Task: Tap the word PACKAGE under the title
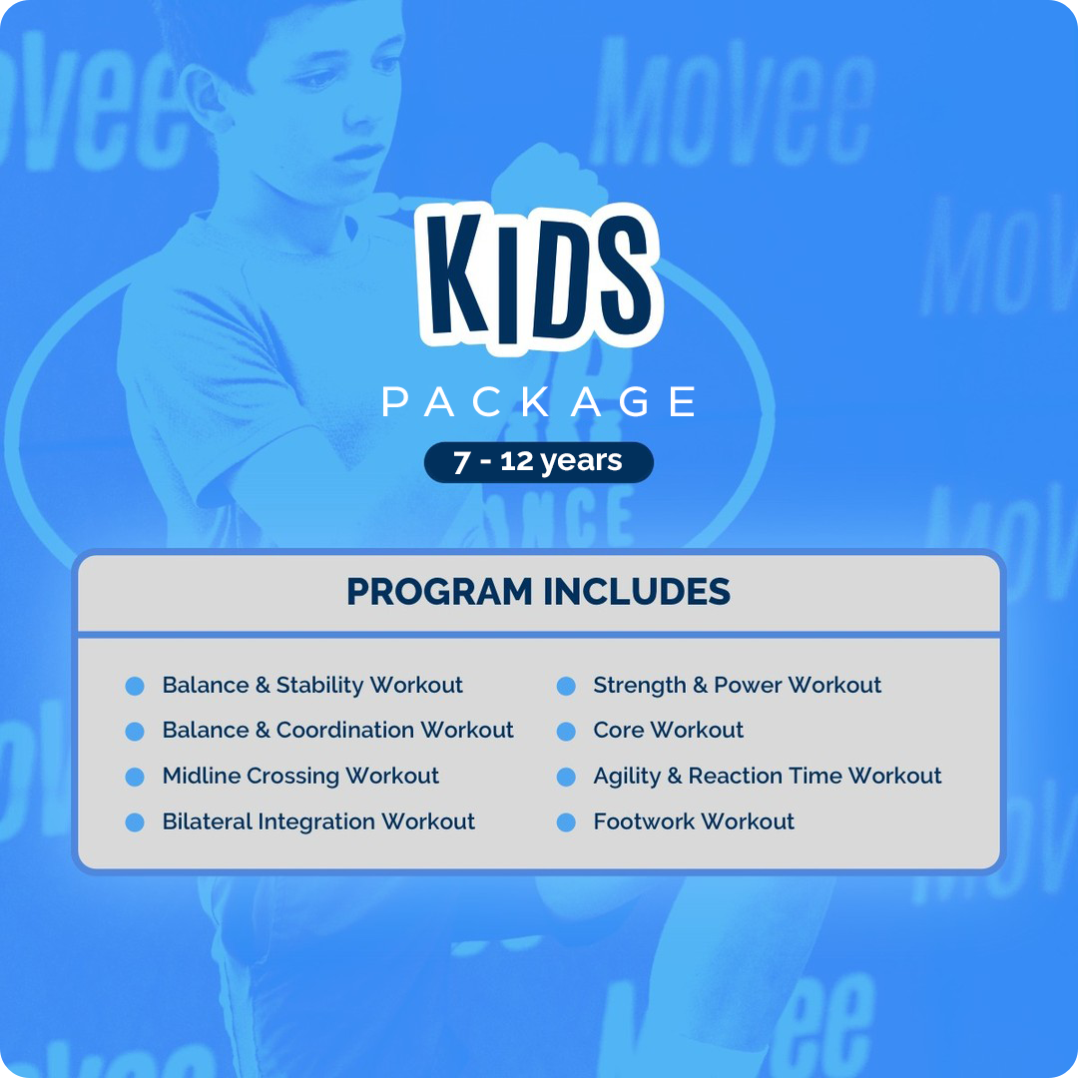click(539, 401)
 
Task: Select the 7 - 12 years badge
click(539, 462)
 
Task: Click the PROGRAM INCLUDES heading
click(539, 592)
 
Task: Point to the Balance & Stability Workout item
click(312, 686)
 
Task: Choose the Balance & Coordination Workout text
click(337, 731)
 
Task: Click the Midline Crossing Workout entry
click(300, 777)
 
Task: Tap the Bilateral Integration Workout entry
click(318, 822)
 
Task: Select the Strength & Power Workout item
click(737, 686)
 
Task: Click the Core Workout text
click(668, 731)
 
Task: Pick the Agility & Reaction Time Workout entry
click(767, 777)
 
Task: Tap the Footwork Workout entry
click(694, 822)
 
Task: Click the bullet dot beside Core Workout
click(566, 732)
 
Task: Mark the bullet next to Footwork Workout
click(566, 823)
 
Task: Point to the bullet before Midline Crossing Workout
click(135, 778)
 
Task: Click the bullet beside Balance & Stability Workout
click(135, 687)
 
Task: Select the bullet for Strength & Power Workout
click(566, 687)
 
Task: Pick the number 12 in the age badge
click(518, 462)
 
